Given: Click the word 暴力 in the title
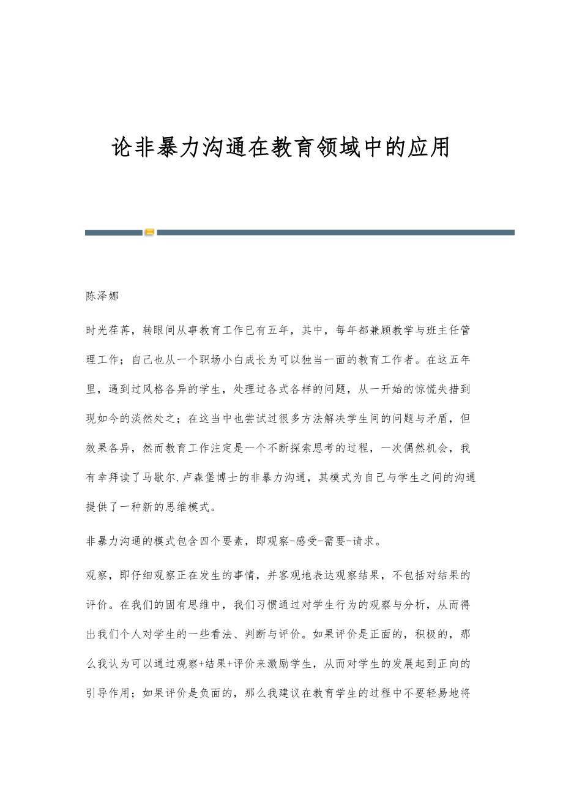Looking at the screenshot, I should coord(179,148).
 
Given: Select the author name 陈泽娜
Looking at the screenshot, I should coord(102,297).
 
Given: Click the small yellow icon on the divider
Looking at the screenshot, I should coord(149,233).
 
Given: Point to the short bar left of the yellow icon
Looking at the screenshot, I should coord(113,233).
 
